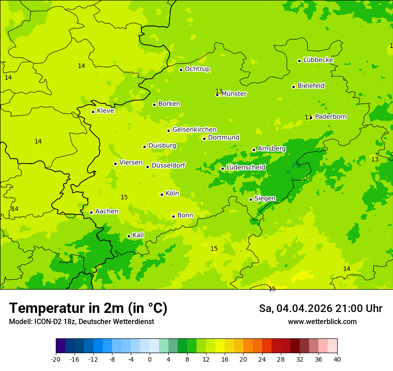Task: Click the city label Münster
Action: point(234,94)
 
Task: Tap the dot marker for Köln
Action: point(162,194)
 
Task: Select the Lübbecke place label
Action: point(318,60)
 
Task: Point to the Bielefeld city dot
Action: point(293,87)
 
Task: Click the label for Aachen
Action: point(107,211)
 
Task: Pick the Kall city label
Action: point(138,235)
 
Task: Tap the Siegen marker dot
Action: point(251,199)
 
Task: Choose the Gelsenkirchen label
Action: point(194,130)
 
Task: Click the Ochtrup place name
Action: point(197,69)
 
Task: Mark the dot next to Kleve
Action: point(93,112)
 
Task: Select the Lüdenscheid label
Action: point(246,168)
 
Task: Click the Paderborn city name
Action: point(330,117)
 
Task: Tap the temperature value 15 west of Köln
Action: point(124,197)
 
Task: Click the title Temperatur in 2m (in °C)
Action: point(88,308)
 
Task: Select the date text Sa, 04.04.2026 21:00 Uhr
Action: point(320,308)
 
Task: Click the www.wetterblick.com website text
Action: point(322,322)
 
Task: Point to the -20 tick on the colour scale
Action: point(56,359)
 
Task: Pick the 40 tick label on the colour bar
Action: point(337,359)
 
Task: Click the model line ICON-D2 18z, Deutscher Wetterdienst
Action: point(81,322)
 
